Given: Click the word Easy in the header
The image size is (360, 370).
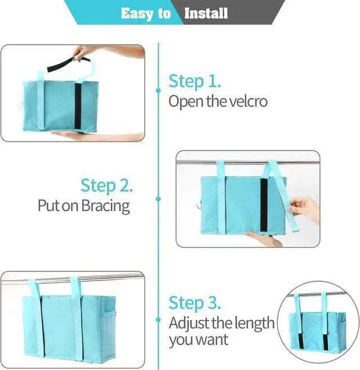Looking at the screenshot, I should [137, 12].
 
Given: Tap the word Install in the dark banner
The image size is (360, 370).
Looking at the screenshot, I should [206, 12].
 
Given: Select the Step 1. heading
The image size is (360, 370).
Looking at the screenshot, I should [195, 81].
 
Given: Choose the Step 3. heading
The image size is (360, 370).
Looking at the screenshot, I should [195, 303].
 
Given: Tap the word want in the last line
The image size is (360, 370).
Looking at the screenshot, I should [211, 340].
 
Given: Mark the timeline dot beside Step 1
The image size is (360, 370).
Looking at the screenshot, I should [159, 90].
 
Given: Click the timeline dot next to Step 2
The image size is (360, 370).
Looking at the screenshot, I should [159, 198].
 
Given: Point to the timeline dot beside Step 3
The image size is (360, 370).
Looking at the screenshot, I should [159, 308].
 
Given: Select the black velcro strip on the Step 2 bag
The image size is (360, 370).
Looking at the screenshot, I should [264, 206].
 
